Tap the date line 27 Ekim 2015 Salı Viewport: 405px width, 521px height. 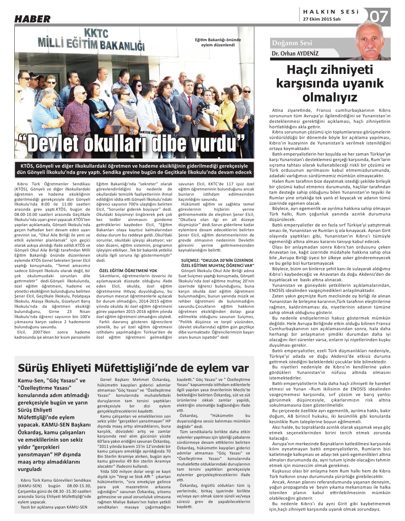(x=322, y=19)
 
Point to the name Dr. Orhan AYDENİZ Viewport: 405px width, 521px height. (x=295, y=54)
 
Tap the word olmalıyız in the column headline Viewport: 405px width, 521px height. (x=330, y=97)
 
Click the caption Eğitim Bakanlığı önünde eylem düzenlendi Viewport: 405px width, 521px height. (x=218, y=43)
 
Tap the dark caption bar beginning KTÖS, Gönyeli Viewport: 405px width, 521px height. (x=134, y=169)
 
